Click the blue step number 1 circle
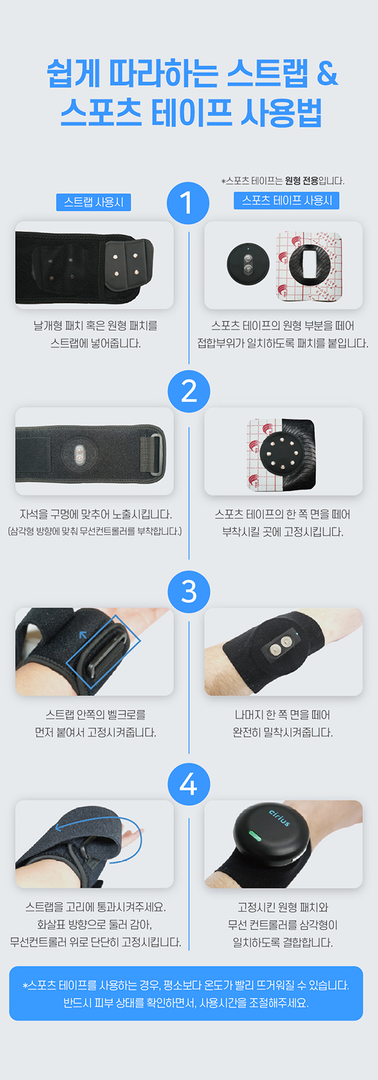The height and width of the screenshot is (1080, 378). tap(188, 203)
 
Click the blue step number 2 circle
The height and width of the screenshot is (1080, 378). tap(189, 391)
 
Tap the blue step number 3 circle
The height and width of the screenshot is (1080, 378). tap(189, 591)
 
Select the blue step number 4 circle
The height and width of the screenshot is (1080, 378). tap(189, 784)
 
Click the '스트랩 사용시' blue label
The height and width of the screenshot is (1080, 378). tap(94, 202)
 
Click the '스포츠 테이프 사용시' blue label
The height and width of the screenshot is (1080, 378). tap(287, 201)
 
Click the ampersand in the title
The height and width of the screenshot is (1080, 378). tap(327, 73)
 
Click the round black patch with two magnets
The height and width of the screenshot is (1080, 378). tap(248, 264)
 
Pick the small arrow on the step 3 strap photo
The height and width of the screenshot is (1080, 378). tap(83, 635)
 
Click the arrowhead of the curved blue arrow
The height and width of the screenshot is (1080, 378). tap(58, 827)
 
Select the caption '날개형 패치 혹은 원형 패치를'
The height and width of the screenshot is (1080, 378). tap(95, 326)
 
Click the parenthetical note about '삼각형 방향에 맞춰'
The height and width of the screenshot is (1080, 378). tap(95, 531)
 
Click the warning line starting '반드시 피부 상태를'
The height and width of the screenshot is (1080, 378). tap(186, 1003)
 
